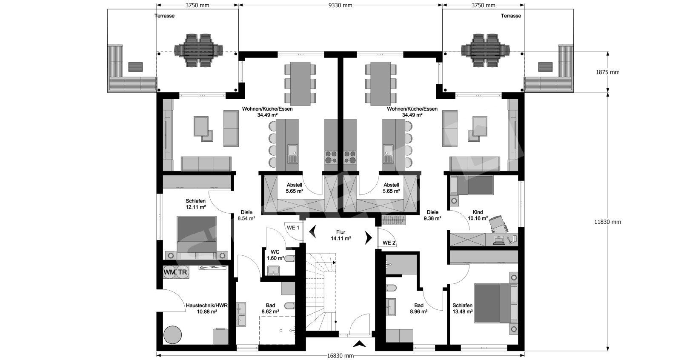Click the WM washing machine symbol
[170, 272]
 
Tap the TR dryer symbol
[183, 272]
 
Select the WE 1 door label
[293, 228]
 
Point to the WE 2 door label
[389, 243]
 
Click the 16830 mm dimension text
[340, 355]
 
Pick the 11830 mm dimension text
[608, 222]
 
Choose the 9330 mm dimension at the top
[340, 5]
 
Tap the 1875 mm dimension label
[608, 72]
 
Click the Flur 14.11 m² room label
[341, 235]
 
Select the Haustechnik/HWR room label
[207, 309]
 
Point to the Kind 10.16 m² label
[478, 215]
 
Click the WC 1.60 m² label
[275, 255]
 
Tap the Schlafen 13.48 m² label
[462, 309]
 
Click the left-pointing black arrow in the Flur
[312, 231]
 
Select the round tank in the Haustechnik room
[173, 335]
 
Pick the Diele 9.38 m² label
[432, 215]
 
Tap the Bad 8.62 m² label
[270, 309]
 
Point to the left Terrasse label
[164, 16]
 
